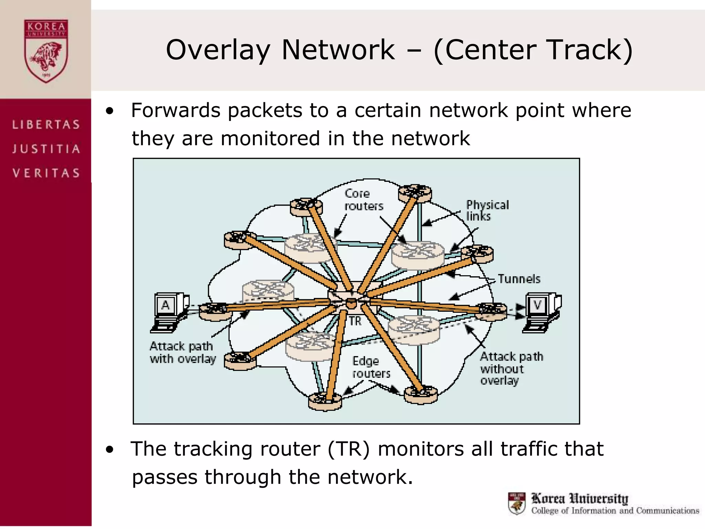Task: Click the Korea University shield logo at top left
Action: [x=46, y=51]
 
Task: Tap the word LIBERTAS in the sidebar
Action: [x=46, y=124]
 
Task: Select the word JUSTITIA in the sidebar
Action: [x=46, y=149]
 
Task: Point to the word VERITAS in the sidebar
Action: [x=46, y=173]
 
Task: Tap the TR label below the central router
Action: [x=355, y=321]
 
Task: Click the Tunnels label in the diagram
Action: [x=519, y=279]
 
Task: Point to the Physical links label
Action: [x=487, y=210]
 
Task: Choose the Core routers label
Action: [x=363, y=199]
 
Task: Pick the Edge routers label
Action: [x=371, y=367]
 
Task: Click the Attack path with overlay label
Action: [x=182, y=352]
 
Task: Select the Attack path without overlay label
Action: [x=511, y=368]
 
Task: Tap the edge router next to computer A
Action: [x=215, y=311]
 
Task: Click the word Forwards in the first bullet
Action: [x=176, y=111]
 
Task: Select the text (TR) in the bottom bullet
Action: [x=348, y=449]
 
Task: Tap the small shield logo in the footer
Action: [x=517, y=503]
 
